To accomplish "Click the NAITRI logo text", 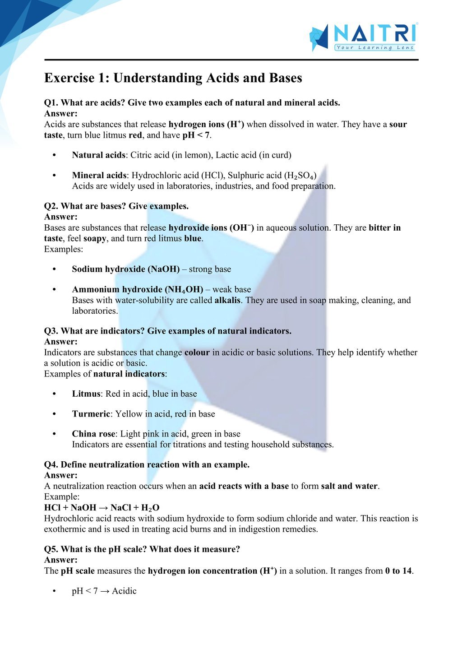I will [x=374, y=33].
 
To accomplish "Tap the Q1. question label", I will [x=51, y=103].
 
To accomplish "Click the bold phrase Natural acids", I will [x=98, y=155].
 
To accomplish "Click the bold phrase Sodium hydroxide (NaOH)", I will [x=125, y=269].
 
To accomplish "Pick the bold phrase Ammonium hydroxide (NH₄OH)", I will [x=137, y=290].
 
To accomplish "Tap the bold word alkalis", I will [x=227, y=301].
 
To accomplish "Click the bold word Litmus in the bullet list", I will [x=86, y=394].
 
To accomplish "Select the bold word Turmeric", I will [x=91, y=414].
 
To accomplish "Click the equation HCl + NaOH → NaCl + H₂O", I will [x=102, y=508].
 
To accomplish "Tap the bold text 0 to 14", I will [x=398, y=571].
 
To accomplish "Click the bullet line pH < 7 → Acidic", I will [x=104, y=591].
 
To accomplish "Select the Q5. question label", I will [x=51, y=549].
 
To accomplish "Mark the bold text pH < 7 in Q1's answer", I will [x=196, y=135].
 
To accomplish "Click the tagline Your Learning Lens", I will [x=374, y=47].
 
